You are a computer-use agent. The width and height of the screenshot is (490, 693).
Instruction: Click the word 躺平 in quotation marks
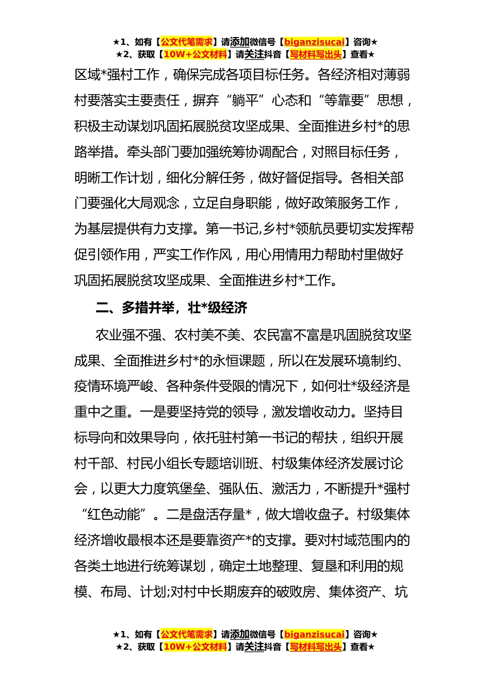245,101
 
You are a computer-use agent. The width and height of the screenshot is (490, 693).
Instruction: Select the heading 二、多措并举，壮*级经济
171,308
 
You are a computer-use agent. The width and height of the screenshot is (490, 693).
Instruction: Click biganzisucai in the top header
314,42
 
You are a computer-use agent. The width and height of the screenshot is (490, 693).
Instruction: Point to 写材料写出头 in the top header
316,55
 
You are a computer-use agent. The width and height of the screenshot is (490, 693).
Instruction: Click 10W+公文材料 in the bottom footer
195,647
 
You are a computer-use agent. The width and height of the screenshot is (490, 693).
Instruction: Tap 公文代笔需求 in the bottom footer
187,635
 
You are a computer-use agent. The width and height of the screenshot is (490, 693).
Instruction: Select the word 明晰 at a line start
87,178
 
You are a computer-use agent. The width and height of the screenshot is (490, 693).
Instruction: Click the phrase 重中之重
101,412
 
